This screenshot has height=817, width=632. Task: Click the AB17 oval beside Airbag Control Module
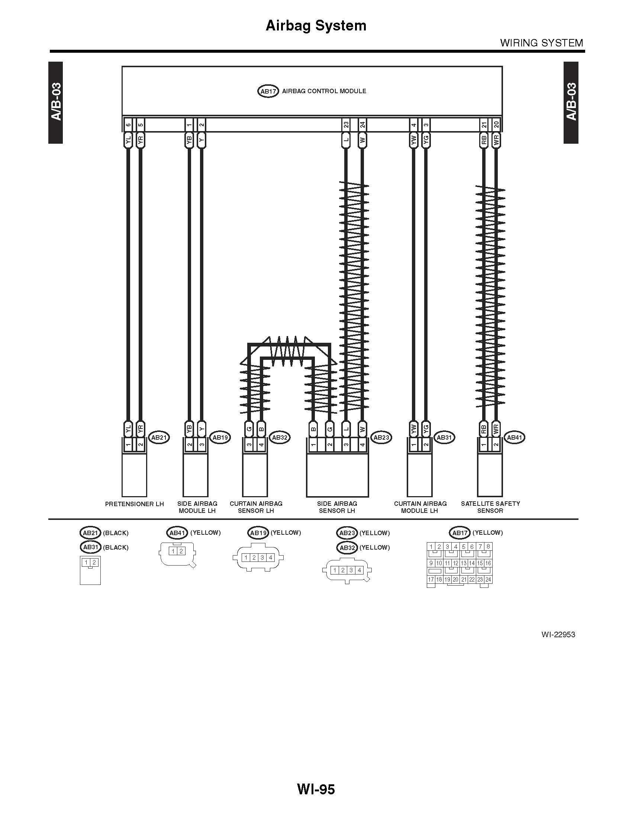(x=268, y=91)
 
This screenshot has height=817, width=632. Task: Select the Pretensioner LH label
(x=135, y=504)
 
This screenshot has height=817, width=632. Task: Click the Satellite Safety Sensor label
(x=490, y=507)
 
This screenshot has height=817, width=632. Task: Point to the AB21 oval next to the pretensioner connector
(x=159, y=437)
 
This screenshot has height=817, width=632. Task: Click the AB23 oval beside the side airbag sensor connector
(x=381, y=437)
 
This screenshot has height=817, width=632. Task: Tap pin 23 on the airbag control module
(x=346, y=125)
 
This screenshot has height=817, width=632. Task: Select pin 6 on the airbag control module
(x=128, y=125)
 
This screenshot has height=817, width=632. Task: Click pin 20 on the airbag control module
(x=496, y=125)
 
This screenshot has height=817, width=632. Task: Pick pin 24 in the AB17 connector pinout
(x=488, y=579)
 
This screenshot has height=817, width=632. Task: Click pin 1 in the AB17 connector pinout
(x=431, y=547)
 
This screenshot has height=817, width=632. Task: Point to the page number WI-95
(x=316, y=789)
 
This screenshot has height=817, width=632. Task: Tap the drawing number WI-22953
(x=558, y=634)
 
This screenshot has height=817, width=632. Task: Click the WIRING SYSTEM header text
(x=542, y=43)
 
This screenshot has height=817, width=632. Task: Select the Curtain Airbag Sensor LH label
(x=256, y=507)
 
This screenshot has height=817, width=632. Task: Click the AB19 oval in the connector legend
(x=258, y=533)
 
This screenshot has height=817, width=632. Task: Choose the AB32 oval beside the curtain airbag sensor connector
(x=279, y=437)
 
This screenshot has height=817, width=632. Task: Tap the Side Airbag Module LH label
(x=197, y=507)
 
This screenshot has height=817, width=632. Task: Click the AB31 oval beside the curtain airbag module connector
(x=444, y=437)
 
